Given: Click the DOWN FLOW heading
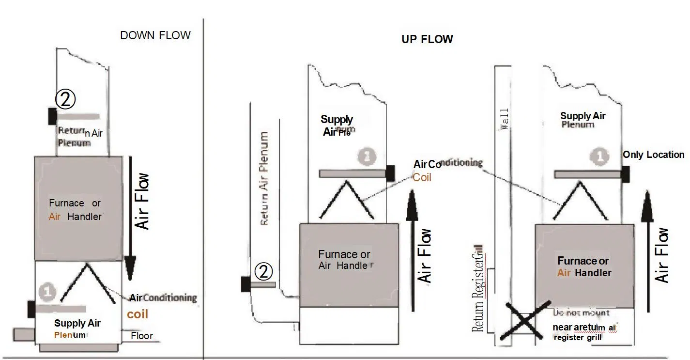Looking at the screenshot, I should (x=155, y=35).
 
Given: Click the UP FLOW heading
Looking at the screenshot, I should (x=427, y=39).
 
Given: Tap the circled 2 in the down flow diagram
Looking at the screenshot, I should (x=65, y=99).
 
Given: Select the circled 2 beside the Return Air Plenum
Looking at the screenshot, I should (x=264, y=272).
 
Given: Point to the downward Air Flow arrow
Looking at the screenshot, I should (x=130, y=218).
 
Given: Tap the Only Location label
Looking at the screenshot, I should (x=653, y=155).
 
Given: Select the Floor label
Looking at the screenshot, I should (x=141, y=335).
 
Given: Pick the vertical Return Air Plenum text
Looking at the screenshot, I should (x=264, y=178).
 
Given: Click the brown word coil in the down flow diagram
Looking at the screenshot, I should (x=138, y=314).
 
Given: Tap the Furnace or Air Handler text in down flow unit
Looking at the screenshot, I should (x=76, y=210).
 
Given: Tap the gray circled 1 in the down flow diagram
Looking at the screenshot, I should (x=48, y=292).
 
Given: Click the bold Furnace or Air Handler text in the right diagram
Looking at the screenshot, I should (x=583, y=267).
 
